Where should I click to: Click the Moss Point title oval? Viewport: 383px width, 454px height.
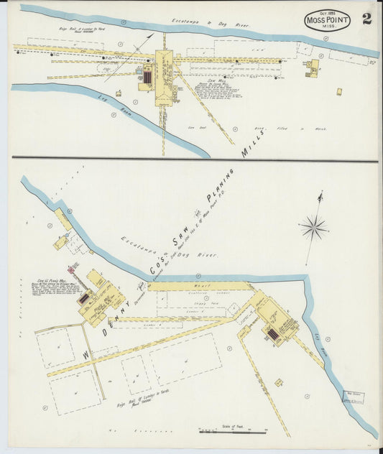click(327, 21)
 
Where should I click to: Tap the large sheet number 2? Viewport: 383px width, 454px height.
click(366, 19)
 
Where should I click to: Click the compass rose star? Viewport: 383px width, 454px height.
click(313, 228)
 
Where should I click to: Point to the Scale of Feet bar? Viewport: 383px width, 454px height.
click(231, 432)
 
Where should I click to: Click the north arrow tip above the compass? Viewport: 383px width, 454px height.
click(320, 193)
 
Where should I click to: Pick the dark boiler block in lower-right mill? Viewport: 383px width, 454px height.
click(272, 333)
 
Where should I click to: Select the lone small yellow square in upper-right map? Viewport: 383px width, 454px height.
click(338, 91)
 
